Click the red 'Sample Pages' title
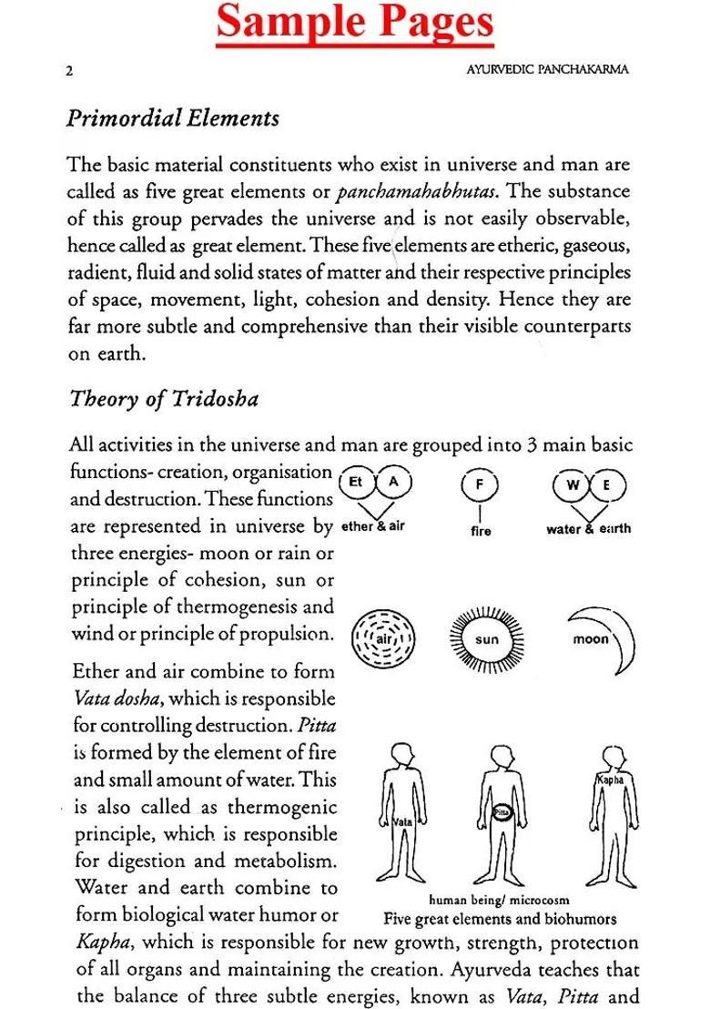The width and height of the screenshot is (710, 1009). (355, 24)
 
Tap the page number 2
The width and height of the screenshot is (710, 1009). (69, 71)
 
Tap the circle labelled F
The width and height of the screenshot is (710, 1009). (480, 484)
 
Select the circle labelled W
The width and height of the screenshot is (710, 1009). (573, 484)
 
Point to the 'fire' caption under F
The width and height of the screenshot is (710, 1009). (481, 530)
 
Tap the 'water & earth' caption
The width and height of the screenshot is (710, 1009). (588, 528)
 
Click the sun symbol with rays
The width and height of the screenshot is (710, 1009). (486, 638)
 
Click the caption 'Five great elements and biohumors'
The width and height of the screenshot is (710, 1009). (500, 919)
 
